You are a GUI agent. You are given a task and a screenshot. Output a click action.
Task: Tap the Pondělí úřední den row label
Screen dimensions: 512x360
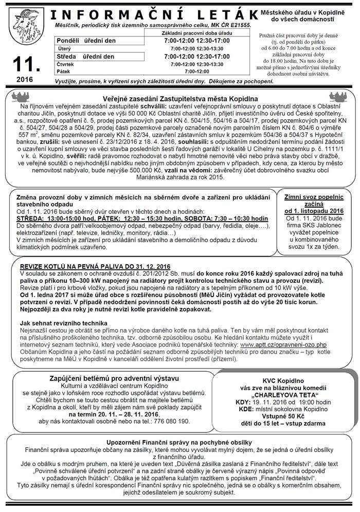coord(86,40)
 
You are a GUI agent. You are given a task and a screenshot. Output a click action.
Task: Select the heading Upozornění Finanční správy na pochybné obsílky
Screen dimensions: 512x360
coord(179,442)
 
